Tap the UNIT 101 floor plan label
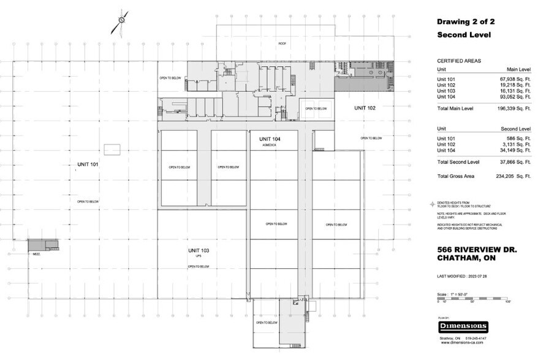tap(88, 164)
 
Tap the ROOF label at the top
tap(282, 43)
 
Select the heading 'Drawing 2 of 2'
tap(466, 21)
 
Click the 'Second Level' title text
tap(464, 35)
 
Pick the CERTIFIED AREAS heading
tap(458, 61)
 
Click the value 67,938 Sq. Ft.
tap(515, 80)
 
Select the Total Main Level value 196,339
tap(514, 108)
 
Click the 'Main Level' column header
tap(517, 70)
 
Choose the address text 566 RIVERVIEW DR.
tap(477, 250)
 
